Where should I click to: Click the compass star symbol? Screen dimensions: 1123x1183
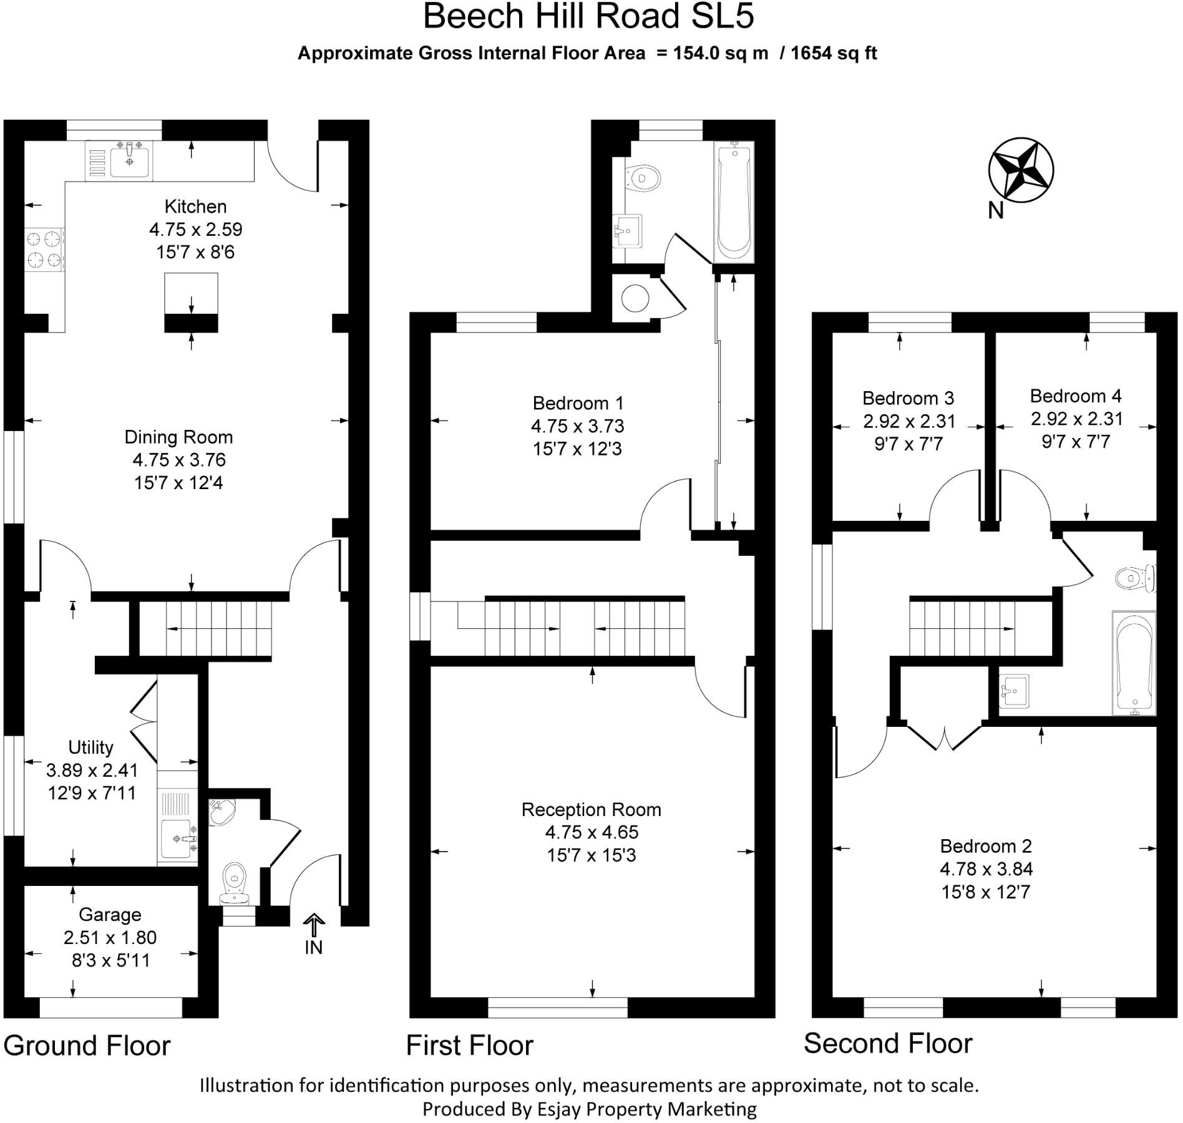click(x=1021, y=170)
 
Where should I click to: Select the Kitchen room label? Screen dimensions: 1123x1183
click(x=195, y=207)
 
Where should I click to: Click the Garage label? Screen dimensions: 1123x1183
click(x=110, y=915)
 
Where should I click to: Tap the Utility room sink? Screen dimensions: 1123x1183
click(x=178, y=838)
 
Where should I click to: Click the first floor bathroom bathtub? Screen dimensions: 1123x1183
click(x=734, y=203)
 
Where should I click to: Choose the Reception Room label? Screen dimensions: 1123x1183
click(x=591, y=810)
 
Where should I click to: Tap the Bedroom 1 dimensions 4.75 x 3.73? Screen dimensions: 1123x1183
click(x=577, y=426)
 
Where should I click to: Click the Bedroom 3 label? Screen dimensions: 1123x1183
click(x=908, y=398)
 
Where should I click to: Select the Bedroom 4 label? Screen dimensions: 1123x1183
click(x=1075, y=396)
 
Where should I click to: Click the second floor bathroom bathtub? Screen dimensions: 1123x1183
click(x=1134, y=662)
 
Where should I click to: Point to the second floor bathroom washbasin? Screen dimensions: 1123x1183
click(x=1014, y=691)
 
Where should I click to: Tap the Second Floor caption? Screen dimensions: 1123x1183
click(x=888, y=1043)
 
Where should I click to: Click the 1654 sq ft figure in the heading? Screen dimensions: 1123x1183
click(x=834, y=54)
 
